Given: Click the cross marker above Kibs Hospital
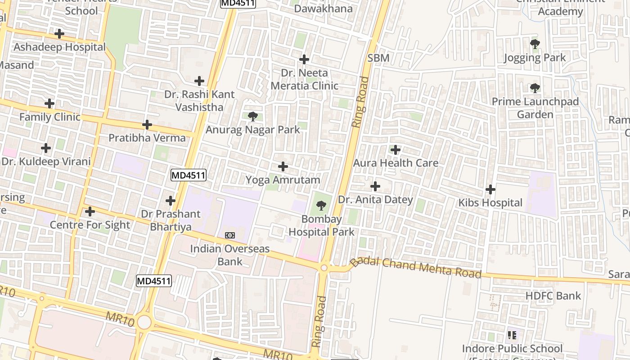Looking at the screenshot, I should (490, 189).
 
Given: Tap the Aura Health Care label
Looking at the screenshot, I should (396, 163).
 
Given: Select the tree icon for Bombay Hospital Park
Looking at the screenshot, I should (321, 206).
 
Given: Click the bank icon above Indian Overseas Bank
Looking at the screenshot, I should (230, 235).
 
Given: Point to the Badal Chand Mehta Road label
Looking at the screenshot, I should (416, 266).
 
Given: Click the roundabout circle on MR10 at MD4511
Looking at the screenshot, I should (144, 322).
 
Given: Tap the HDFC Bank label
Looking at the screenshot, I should (553, 296).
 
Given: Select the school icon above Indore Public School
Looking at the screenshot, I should (512, 335).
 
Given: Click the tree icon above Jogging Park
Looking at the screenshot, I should (535, 44).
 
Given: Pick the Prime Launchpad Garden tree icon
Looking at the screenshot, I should (535, 88).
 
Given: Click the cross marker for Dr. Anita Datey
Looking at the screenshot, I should (375, 186).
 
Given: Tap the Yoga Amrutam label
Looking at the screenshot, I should (283, 180).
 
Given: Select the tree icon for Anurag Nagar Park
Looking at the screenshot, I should (252, 117).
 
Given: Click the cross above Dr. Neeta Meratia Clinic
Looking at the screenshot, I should (304, 59).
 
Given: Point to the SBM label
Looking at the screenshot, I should (378, 58).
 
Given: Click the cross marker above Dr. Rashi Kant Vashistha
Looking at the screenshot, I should (199, 81).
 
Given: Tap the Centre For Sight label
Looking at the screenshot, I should (90, 225).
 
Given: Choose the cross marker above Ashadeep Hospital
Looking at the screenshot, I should (59, 34).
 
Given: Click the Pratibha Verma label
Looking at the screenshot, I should (147, 138).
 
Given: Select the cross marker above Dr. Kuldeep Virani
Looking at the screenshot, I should (45, 148).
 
